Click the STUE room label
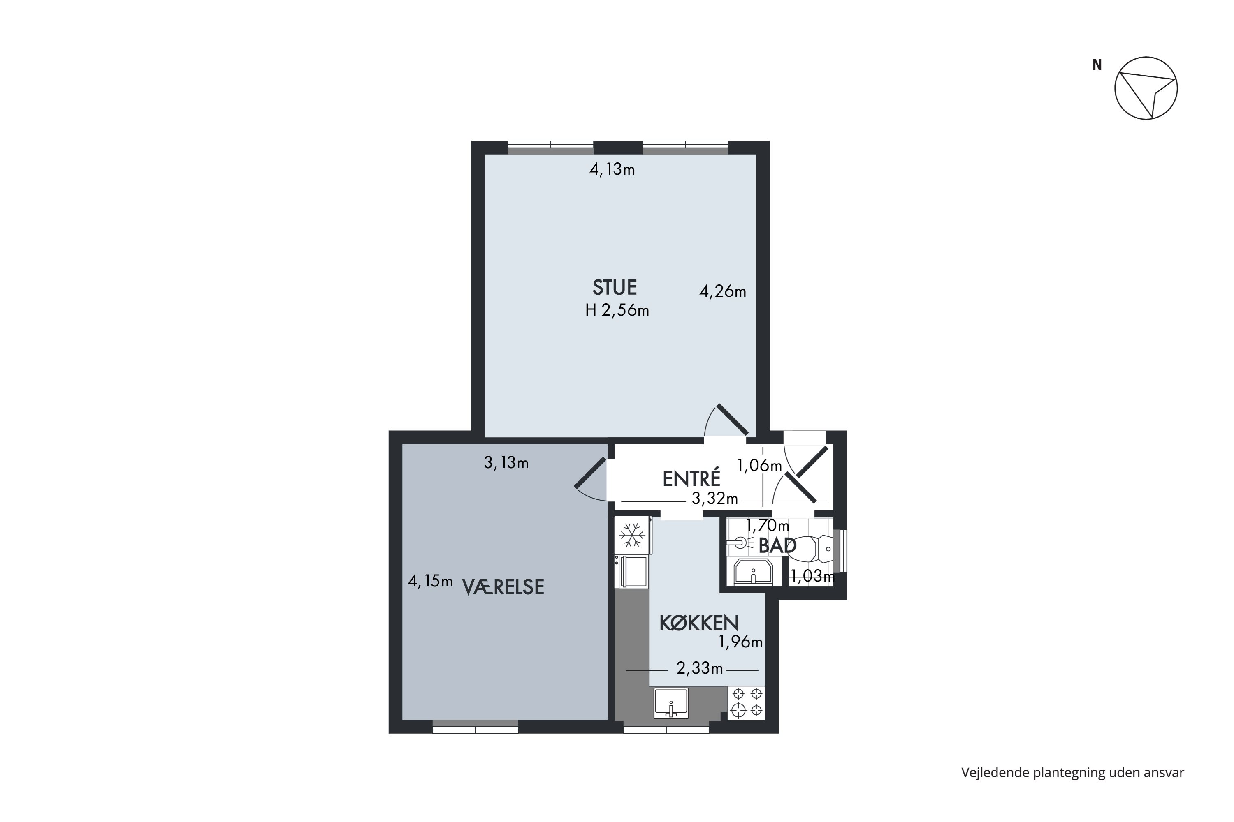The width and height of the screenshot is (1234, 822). click(x=615, y=287)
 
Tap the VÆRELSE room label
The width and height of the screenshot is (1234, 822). click(x=503, y=587)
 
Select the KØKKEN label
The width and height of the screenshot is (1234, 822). click(x=699, y=623)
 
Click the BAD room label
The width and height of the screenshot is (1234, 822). click(x=777, y=546)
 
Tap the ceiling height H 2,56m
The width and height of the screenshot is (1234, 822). click(x=617, y=310)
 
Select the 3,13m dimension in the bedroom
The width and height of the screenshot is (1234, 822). click(x=506, y=462)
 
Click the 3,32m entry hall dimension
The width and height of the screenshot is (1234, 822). click(x=714, y=498)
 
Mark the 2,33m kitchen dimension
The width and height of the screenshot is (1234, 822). click(x=699, y=668)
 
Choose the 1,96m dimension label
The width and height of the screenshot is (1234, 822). click(x=740, y=642)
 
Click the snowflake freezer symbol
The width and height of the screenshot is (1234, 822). click(x=632, y=535)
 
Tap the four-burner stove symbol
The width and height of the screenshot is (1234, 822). click(x=747, y=702)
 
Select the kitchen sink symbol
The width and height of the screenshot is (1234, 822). click(x=671, y=703)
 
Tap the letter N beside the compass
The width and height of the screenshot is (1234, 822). click(x=1097, y=65)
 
